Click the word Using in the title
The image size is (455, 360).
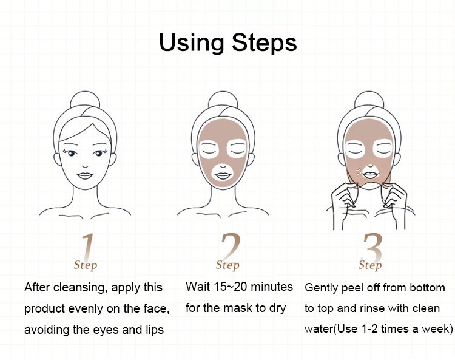[192, 44]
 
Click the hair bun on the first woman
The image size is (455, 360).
[85, 100]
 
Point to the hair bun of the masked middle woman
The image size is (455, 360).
[223, 100]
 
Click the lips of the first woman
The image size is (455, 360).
[85, 175]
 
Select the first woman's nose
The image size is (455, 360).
[85, 166]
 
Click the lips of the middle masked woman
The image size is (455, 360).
[223, 175]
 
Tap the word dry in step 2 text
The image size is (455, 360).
[278, 308]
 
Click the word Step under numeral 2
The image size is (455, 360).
[227, 265]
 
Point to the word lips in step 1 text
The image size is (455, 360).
[155, 330]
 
